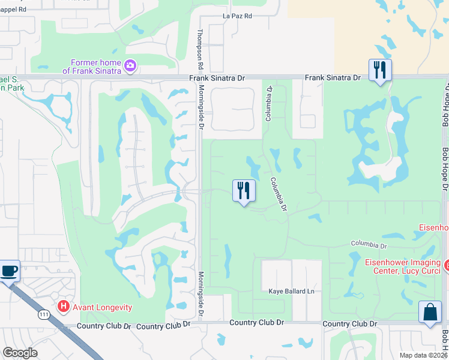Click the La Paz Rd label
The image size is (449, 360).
[238, 16]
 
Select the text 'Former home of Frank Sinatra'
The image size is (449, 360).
[96, 67]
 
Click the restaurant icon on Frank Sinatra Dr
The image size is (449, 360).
[380, 70]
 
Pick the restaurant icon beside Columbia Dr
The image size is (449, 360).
[244, 191]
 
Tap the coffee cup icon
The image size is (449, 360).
[8, 271]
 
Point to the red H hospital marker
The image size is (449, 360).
[63, 307]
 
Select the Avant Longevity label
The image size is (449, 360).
[102, 307]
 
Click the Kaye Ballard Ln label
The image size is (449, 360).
[291, 291]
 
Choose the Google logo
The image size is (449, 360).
[20, 353]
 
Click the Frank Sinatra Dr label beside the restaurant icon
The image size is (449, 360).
[332, 77]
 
